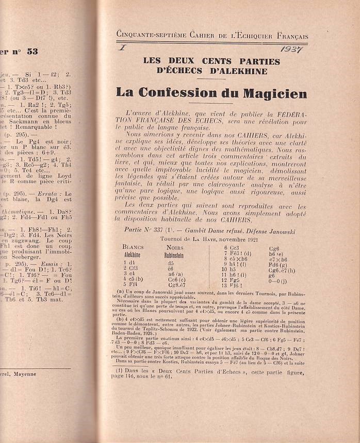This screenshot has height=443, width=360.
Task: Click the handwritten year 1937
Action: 292,49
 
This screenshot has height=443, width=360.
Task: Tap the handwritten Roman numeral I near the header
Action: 123,48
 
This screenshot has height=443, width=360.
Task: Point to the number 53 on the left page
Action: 32,52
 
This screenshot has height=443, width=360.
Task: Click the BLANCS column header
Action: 133,247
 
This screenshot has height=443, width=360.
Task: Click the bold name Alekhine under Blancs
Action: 133,254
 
